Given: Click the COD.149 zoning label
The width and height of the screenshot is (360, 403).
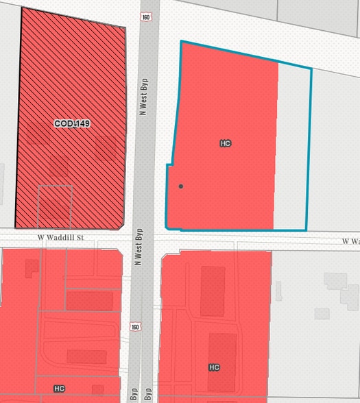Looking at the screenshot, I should [x=73, y=123].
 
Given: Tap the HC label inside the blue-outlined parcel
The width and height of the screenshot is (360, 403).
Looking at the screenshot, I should [x=225, y=143].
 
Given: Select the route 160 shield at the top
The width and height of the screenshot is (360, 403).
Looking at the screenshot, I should [x=145, y=16].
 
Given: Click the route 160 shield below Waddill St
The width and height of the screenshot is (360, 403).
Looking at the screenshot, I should [x=136, y=327].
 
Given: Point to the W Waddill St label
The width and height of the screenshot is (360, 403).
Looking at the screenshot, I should [x=60, y=238].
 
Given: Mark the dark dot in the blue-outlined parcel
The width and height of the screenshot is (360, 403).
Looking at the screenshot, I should [x=181, y=186].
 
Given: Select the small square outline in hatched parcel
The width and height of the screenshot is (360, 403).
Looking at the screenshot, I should [x=55, y=203].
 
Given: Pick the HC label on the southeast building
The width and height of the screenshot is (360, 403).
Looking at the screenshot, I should [x=214, y=367].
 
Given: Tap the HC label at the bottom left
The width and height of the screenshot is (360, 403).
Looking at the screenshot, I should [x=59, y=388].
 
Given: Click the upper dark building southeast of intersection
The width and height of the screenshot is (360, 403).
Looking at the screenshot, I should [x=213, y=291].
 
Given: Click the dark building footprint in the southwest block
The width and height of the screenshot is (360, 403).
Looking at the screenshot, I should [x=86, y=356].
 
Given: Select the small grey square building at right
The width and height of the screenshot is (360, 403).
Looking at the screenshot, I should [x=322, y=313].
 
